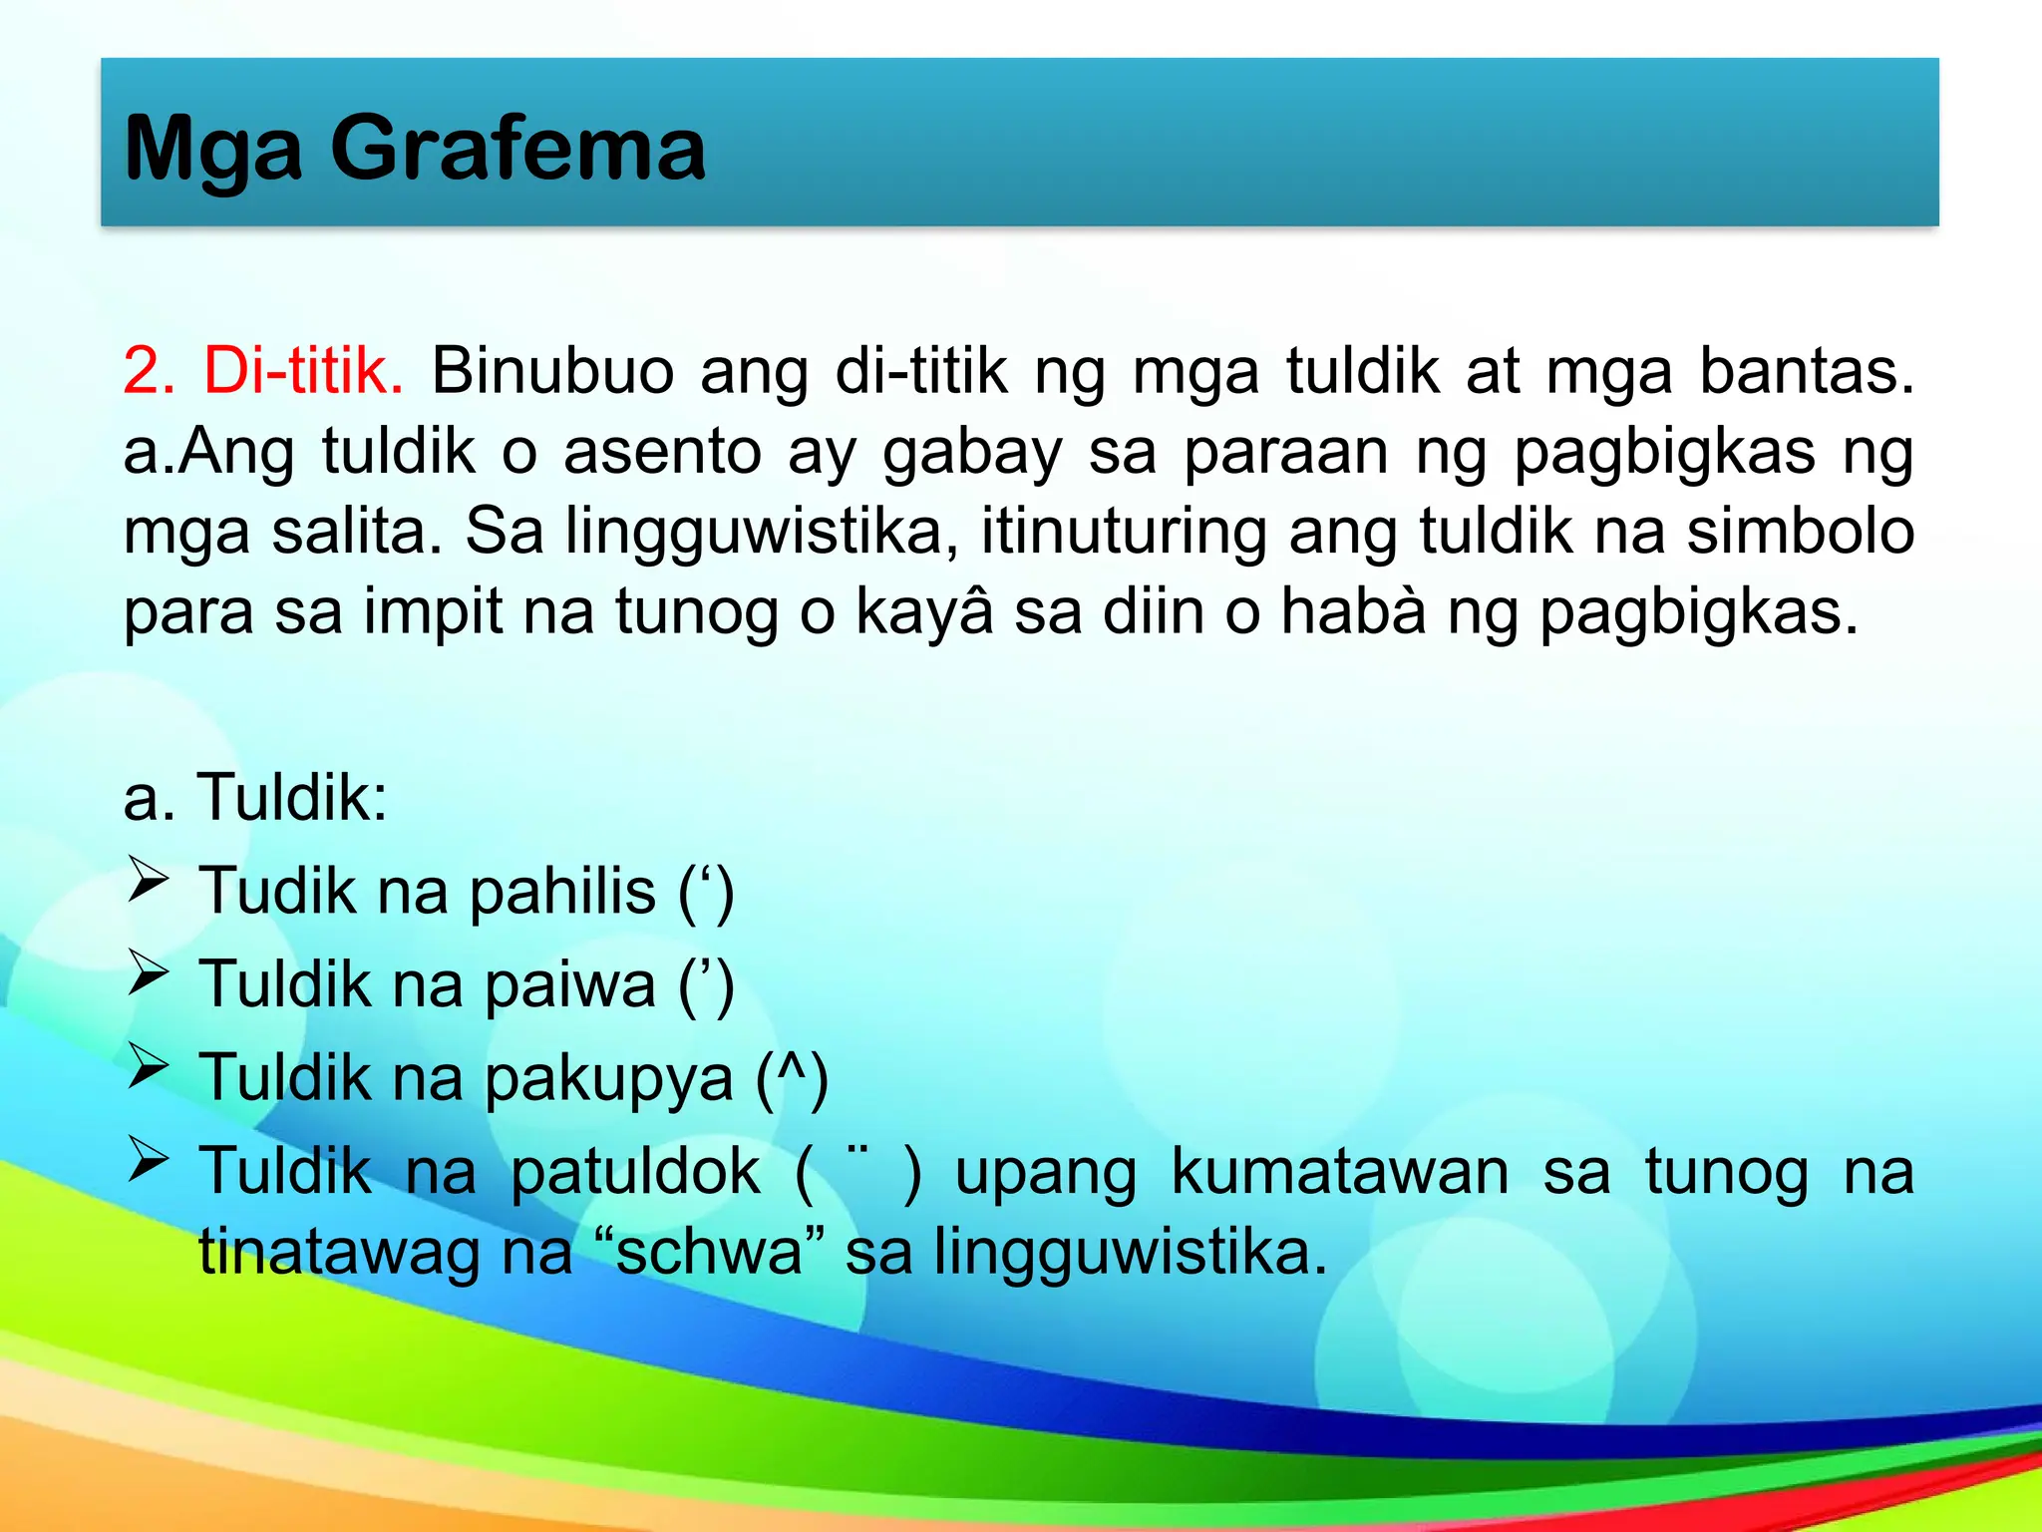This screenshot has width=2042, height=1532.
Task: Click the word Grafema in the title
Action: coord(517,150)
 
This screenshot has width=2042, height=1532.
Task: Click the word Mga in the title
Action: coord(212,150)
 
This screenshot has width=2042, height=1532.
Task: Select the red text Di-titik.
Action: coord(304,371)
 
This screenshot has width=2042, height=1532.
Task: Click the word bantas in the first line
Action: coord(1806,371)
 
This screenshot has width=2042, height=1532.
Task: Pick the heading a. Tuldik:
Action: coord(255,798)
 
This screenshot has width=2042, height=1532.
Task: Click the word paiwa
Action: coord(570,984)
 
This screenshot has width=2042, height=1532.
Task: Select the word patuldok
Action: coord(635,1172)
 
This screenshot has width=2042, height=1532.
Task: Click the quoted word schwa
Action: coord(709,1252)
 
